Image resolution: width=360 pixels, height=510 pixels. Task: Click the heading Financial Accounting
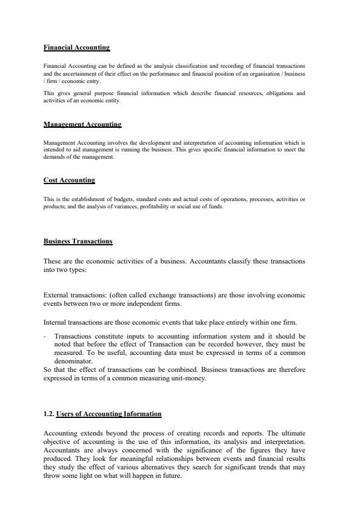point(76,47)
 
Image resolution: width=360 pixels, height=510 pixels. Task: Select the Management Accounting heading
point(82,124)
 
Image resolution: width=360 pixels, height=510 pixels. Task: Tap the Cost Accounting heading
point(69,180)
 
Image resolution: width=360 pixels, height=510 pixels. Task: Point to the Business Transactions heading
point(78,241)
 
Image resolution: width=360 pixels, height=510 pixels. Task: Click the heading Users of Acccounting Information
point(108,414)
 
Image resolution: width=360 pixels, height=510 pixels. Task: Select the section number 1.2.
point(48,414)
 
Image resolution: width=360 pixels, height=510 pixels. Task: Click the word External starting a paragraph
point(56,295)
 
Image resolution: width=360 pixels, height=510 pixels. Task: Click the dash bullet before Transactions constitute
point(45,334)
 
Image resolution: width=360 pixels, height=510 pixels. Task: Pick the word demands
point(57,156)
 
